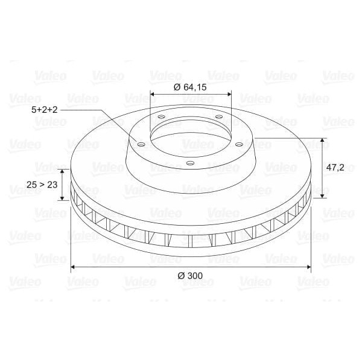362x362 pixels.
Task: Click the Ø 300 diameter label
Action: coord(190,276)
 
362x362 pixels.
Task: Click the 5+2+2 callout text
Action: coord(45,110)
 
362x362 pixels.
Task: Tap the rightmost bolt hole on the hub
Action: coord(240,144)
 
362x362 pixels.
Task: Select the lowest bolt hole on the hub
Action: coord(190,162)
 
